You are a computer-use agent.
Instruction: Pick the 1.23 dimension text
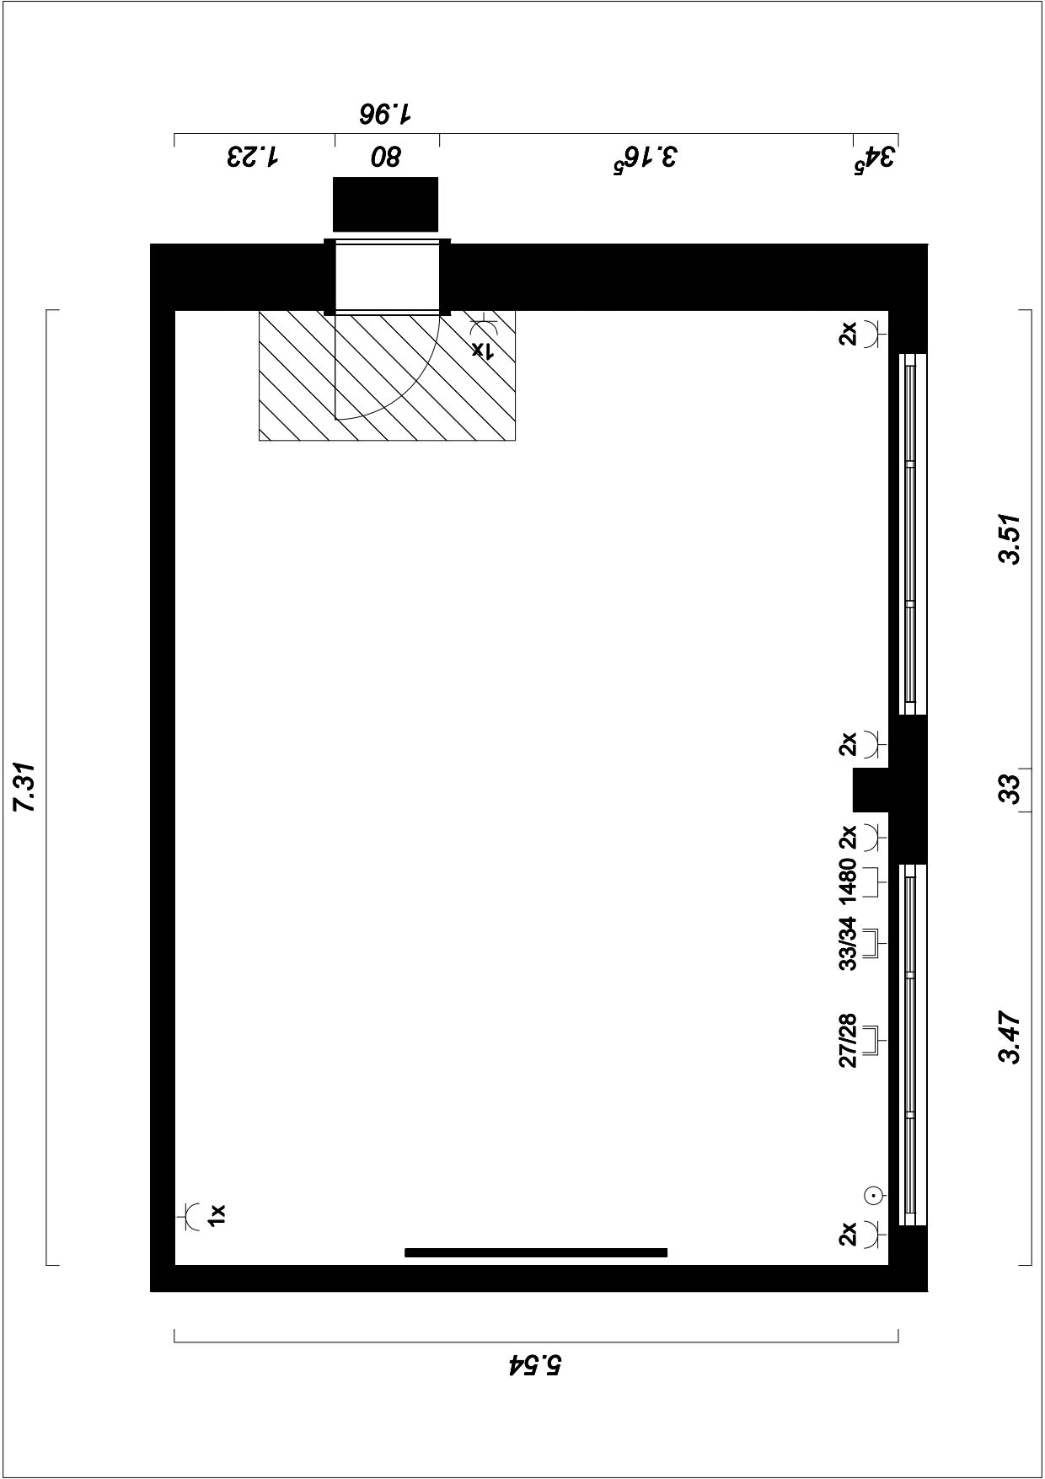[252, 158]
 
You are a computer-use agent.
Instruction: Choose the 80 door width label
[386, 158]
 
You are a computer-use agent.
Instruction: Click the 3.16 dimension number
[645, 158]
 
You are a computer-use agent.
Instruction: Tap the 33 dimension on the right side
[1010, 789]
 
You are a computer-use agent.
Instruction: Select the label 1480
[848, 881]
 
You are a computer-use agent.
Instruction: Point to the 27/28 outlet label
[848, 1041]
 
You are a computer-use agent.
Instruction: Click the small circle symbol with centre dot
[874, 1194]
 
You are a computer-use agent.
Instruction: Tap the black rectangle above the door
[386, 204]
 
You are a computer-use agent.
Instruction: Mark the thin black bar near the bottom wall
[536, 1252]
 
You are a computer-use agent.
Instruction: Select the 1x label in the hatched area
[480, 349]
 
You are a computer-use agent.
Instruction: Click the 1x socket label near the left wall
[217, 1215]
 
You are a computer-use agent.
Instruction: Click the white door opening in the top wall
[387, 276]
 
